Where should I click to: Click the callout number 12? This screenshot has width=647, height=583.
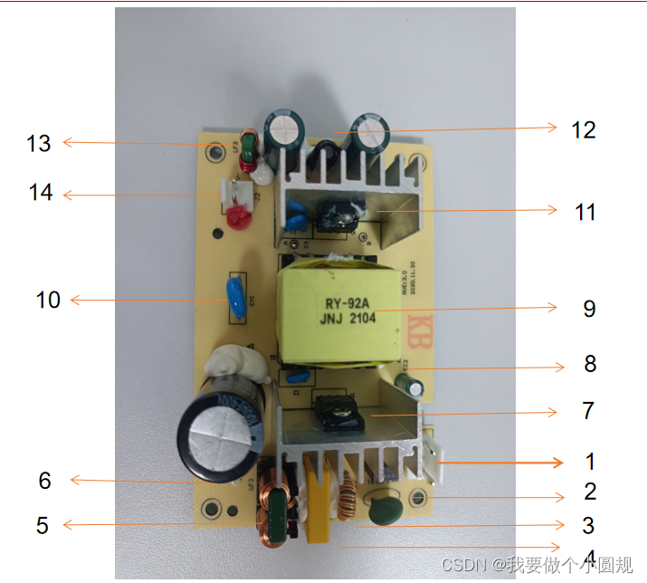[x=584, y=129]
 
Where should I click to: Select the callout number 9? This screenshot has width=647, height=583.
[x=589, y=309]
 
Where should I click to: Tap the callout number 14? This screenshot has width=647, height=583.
[x=41, y=193]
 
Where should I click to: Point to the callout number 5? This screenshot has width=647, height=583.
[x=42, y=525]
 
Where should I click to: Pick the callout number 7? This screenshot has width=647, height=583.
[x=588, y=411]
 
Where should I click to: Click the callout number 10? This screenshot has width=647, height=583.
[x=48, y=299]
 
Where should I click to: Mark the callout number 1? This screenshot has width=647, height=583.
[x=590, y=462]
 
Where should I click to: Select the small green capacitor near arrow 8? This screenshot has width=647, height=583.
[x=413, y=385]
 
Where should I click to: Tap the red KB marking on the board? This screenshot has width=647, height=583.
[x=416, y=324]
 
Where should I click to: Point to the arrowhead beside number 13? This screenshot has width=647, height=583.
[x=66, y=142]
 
